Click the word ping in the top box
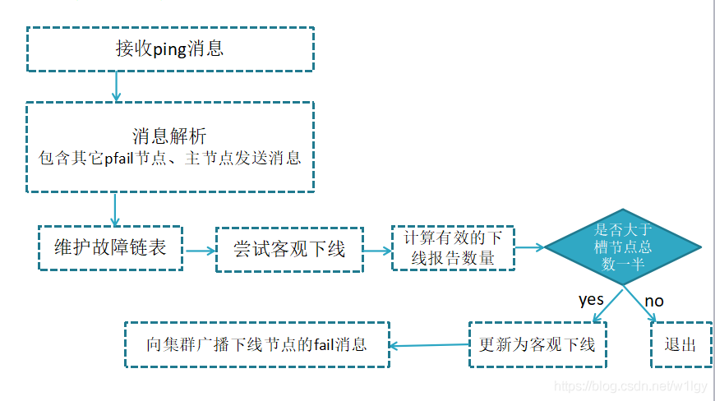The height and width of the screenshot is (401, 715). (x=169, y=49)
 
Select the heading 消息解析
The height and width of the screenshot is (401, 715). (x=169, y=136)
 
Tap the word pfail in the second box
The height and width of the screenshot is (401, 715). (x=119, y=158)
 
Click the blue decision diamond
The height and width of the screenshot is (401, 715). (x=623, y=247)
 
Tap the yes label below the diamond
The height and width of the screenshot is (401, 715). (x=591, y=300)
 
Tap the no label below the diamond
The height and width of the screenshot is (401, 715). (x=654, y=302)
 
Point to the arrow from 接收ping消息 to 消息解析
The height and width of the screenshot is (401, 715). (x=116, y=86)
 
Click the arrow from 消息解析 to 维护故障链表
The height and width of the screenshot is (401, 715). (x=115, y=210)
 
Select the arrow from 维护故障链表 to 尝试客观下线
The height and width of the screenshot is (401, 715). (x=200, y=251)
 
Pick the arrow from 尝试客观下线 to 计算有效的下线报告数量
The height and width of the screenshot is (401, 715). (x=377, y=250)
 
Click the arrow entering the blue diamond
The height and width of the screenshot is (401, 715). (x=530, y=247)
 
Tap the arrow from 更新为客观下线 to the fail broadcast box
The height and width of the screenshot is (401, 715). (x=429, y=345)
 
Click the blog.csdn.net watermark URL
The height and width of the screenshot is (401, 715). (x=630, y=386)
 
